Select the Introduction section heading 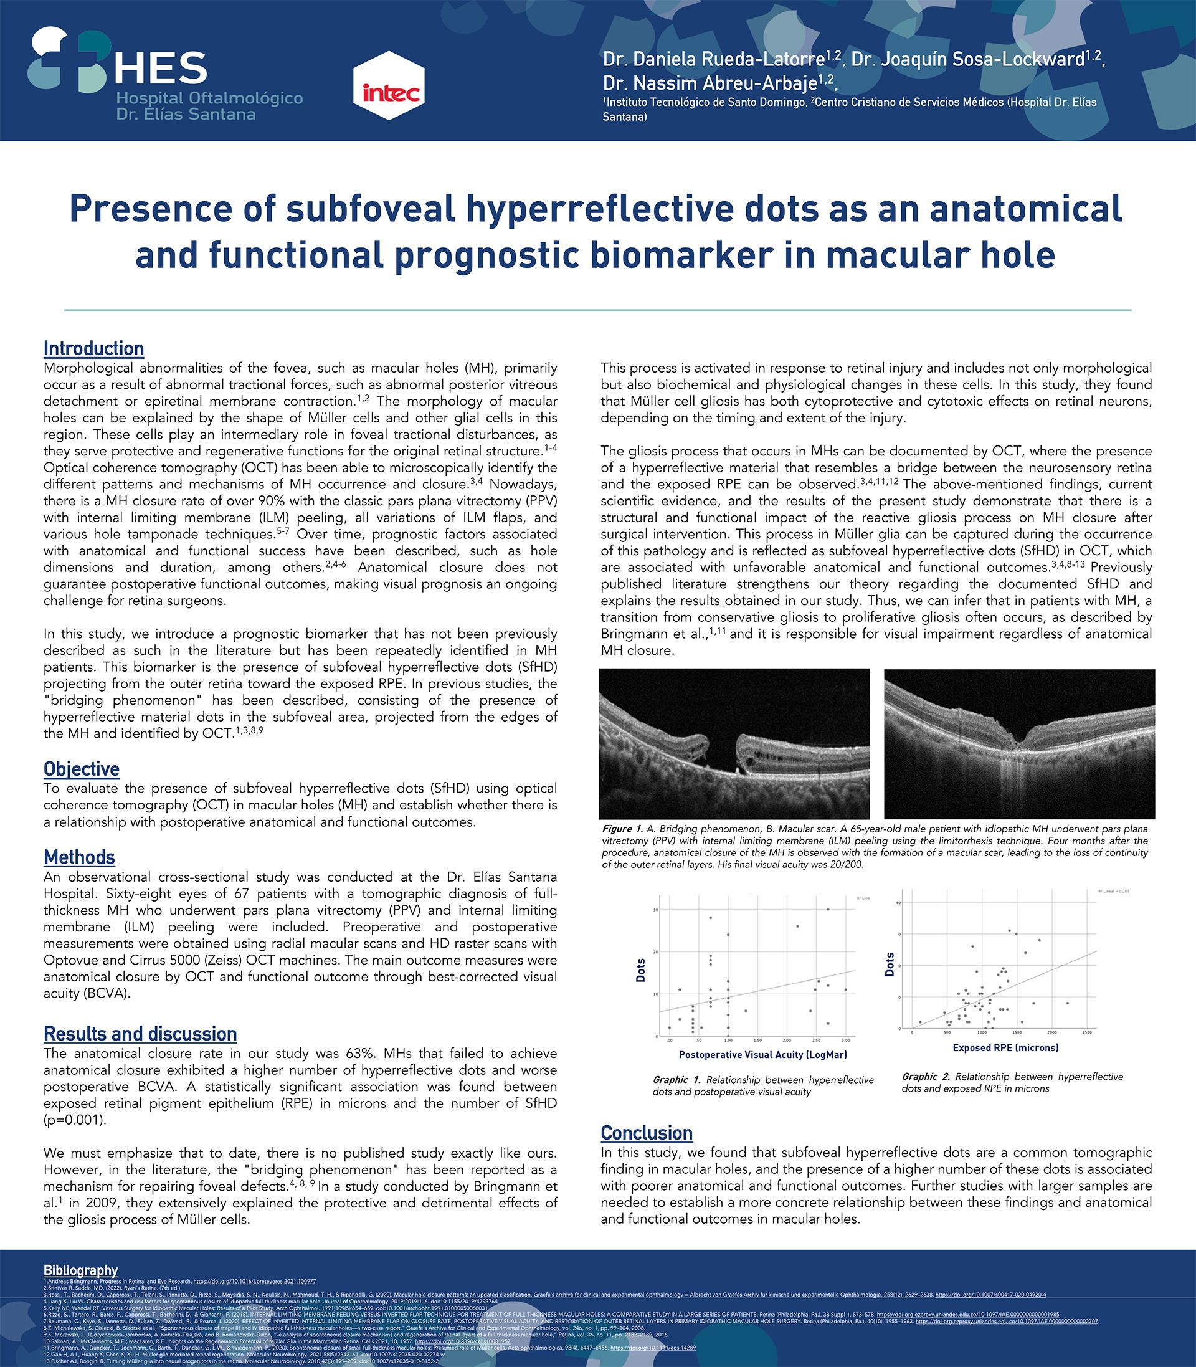(93, 348)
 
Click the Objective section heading (82, 769)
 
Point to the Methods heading (80, 857)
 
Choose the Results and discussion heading (140, 1034)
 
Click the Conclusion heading (646, 1133)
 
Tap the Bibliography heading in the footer (81, 1270)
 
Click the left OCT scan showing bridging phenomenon (734, 743)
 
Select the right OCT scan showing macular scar (1019, 743)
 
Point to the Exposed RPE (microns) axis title (1005, 1048)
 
